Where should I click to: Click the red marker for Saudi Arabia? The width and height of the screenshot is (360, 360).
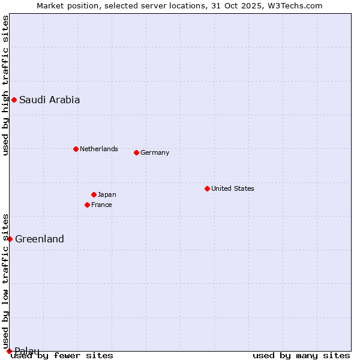pos(14,100)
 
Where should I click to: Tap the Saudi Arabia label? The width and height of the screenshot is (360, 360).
pos(49,100)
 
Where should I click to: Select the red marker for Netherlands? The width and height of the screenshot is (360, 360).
pos(76,149)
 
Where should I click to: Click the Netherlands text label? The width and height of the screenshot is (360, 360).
pos(98,149)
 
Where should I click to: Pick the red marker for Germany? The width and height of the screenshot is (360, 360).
pos(136,152)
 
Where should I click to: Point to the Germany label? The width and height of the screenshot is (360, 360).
pos(155,152)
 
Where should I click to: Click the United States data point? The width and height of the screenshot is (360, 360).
pos(207,188)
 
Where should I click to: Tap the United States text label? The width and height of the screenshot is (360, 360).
pos(232,188)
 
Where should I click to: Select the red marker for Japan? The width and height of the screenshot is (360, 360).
pos(94,194)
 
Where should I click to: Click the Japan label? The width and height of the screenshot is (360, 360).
pos(107,194)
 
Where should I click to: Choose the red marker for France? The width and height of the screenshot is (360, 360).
pos(87,205)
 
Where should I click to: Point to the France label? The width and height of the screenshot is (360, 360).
pos(101,205)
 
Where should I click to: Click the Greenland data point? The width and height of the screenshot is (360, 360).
pos(10,239)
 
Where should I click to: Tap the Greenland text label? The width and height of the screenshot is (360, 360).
pos(39,239)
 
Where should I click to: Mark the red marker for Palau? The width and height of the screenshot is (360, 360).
pos(9,351)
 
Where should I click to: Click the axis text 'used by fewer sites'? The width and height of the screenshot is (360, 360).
pos(62,355)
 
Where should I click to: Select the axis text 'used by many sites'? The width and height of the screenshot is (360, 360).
pos(301,355)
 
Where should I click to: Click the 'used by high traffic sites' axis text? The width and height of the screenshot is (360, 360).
pos(5,85)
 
